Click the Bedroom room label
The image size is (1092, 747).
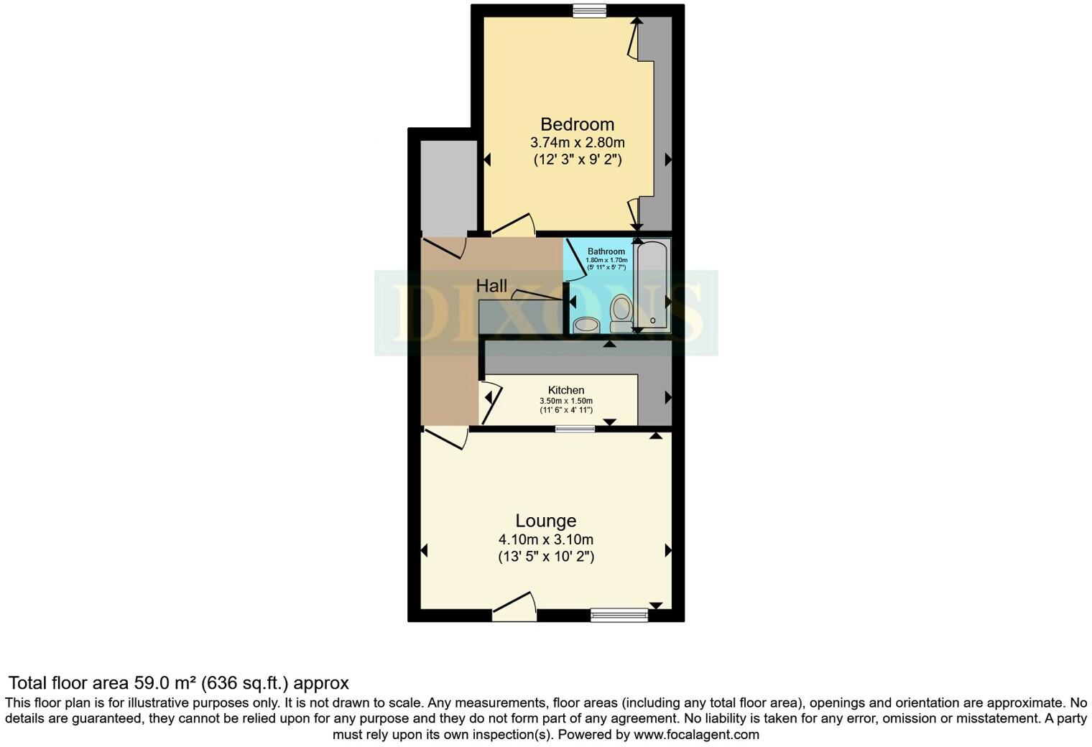[x=577, y=124]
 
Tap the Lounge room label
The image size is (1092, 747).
[x=546, y=521]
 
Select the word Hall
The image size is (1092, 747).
[x=491, y=286]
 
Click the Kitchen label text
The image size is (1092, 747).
[x=566, y=390]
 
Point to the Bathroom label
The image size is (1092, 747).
[x=606, y=251]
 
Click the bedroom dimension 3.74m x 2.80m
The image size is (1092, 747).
[x=577, y=142]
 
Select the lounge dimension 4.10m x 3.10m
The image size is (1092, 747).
[x=546, y=539]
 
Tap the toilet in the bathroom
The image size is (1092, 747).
[x=620, y=315]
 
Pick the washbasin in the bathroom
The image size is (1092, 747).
[x=587, y=325]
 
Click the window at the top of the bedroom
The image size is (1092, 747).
[x=589, y=10]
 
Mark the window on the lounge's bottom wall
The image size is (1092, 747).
[x=619, y=614]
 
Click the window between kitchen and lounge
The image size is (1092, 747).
[x=575, y=429]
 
